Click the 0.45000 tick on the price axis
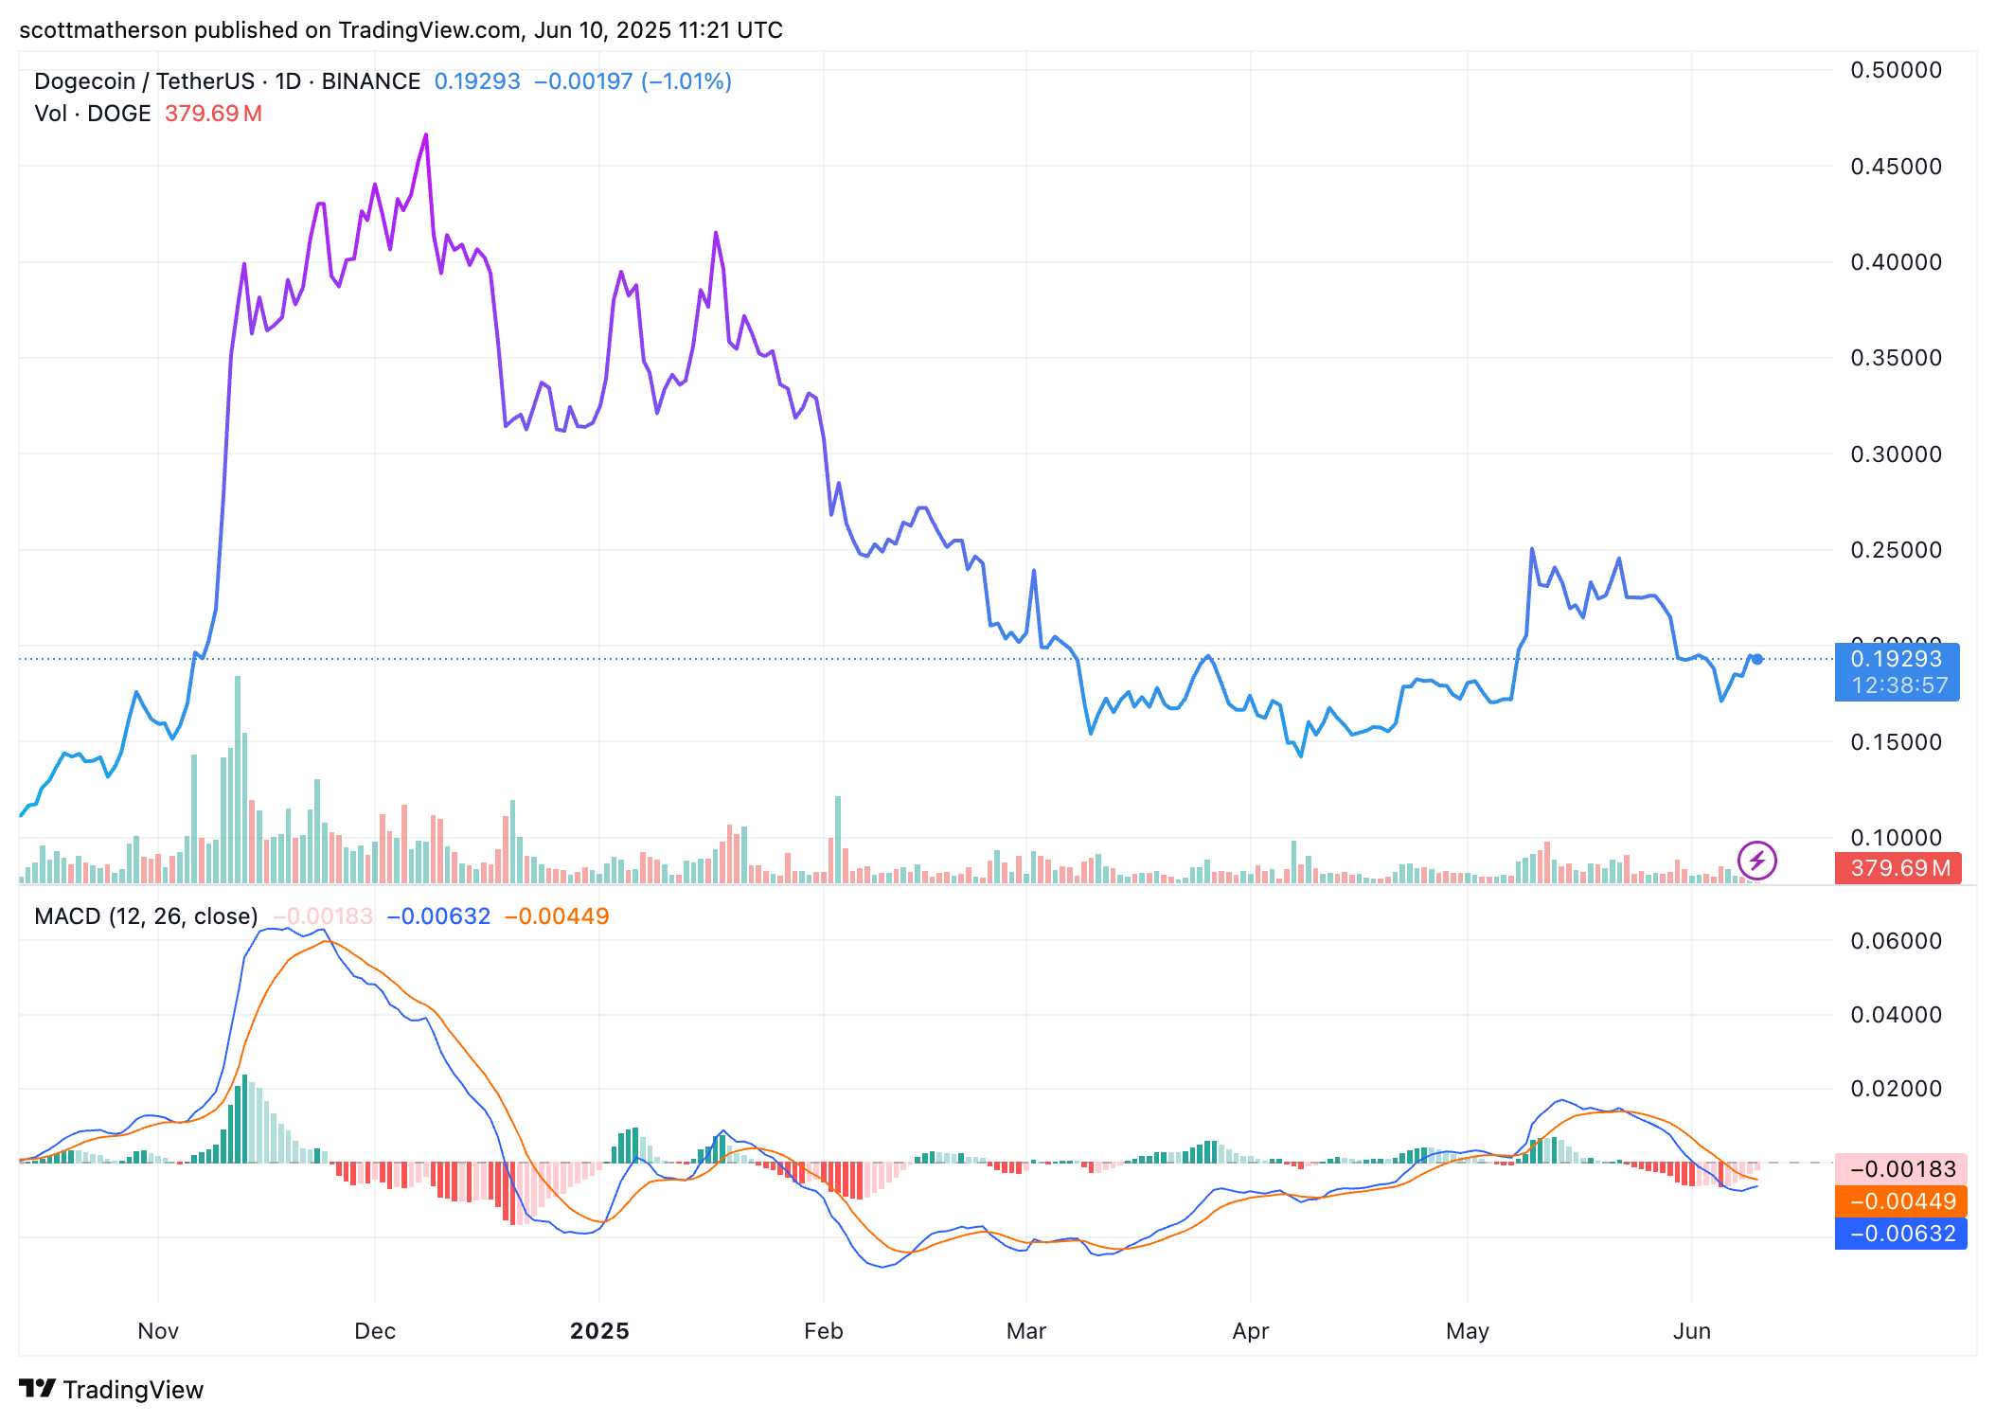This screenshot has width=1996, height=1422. [x=1896, y=167]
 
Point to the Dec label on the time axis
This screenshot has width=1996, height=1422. [x=374, y=1331]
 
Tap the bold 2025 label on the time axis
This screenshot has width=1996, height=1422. [x=599, y=1331]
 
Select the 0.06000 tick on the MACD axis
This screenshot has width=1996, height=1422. [x=1896, y=941]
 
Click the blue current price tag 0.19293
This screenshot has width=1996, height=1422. [x=1896, y=660]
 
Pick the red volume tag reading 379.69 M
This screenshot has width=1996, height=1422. [x=1899, y=868]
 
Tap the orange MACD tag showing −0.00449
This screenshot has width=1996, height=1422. [x=1900, y=1201]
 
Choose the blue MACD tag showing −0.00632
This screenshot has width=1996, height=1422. [x=1900, y=1234]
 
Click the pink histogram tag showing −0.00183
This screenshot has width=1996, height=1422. [x=1900, y=1169]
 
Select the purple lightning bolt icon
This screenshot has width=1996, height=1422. [x=1757, y=861]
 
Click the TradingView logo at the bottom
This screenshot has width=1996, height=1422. [x=112, y=1390]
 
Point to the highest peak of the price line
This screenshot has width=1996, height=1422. [x=426, y=135]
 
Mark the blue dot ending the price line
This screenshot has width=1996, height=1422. [x=1757, y=659]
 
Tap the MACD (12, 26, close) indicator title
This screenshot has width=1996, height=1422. [x=146, y=916]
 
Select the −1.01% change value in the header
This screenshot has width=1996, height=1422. [x=686, y=81]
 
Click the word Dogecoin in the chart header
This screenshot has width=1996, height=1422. [x=84, y=81]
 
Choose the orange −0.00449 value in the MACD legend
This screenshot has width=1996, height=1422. [x=557, y=916]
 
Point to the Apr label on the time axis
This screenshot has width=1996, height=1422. [x=1250, y=1331]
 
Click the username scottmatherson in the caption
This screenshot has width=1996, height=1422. [x=103, y=30]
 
